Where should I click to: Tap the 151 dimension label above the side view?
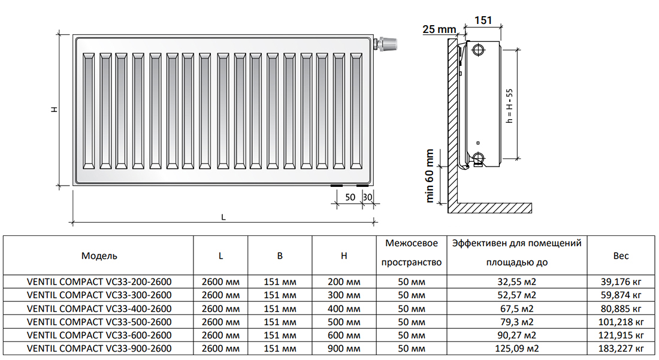click(483, 20)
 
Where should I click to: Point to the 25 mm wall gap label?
click(439, 29)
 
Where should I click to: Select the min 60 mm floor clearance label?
click(430, 176)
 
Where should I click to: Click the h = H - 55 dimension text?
click(509, 105)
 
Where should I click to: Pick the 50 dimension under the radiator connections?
click(350, 197)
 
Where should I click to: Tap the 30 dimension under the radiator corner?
click(367, 197)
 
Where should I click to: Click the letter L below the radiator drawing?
click(223, 217)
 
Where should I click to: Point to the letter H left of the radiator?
click(54, 109)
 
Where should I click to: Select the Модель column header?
click(99, 256)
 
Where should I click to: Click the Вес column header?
click(621, 256)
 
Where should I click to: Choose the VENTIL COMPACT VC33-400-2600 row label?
click(99, 308)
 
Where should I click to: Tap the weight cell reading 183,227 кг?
click(621, 349)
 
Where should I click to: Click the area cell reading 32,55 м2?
click(516, 282)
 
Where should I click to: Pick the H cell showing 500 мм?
click(344, 322)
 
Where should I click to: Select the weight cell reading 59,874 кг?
click(621, 295)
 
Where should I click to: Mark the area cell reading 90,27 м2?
click(516, 335)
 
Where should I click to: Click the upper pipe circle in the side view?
click(478, 50)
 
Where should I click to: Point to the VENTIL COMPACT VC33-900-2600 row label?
click(99, 349)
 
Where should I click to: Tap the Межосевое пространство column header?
click(412, 252)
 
